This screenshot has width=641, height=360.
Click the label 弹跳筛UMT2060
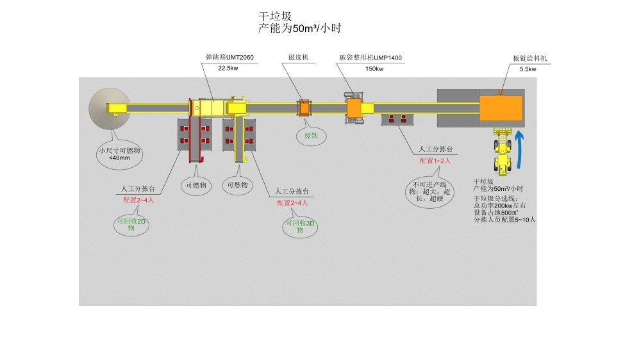tap(229, 58)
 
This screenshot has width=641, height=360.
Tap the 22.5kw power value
tap(228, 68)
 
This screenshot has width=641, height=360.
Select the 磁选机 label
tap(299, 58)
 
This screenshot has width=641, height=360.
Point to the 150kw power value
tap(374, 69)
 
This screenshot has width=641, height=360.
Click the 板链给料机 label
tap(530, 58)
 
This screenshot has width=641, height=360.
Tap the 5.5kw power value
tap(528, 69)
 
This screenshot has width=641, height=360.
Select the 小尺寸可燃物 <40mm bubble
tap(119, 154)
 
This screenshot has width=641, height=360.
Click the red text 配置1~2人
tap(435, 161)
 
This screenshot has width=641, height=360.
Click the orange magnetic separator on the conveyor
tap(303, 108)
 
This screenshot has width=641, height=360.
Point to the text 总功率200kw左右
tap(499, 205)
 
